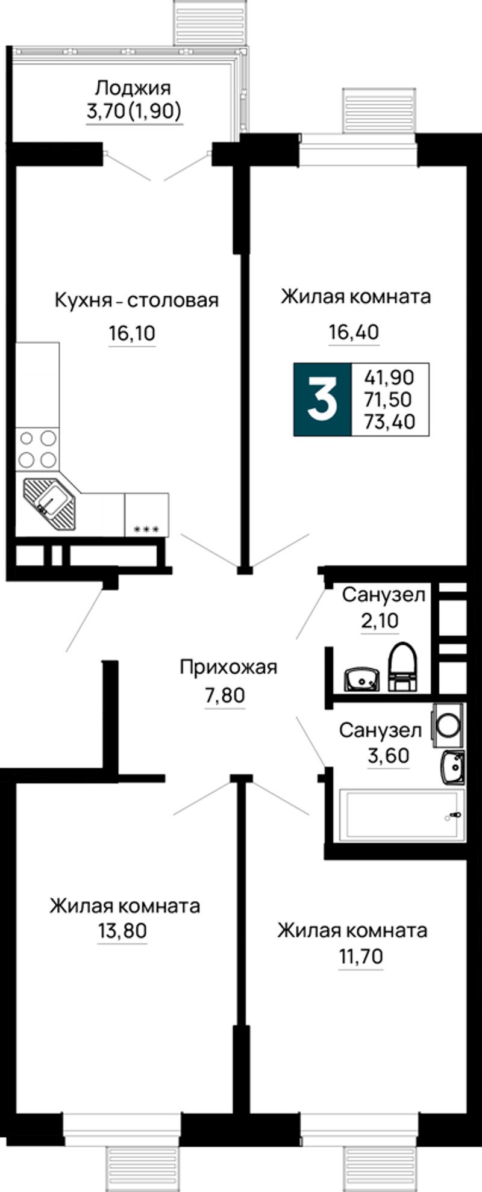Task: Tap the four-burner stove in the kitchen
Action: pyautogui.click(x=37, y=449)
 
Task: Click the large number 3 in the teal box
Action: pyautogui.click(x=322, y=399)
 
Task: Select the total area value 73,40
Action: pyautogui.click(x=390, y=421)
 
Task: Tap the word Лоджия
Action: pyautogui.click(x=134, y=88)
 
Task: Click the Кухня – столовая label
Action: pyautogui.click(x=136, y=300)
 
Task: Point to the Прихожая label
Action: pyautogui.click(x=228, y=668)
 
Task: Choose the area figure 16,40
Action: pyautogui.click(x=354, y=332)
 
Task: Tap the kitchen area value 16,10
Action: pyautogui.click(x=133, y=332)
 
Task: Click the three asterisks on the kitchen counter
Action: pyautogui.click(x=146, y=530)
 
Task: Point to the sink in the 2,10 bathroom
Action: pyautogui.click(x=361, y=680)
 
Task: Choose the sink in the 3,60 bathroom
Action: pyautogui.click(x=452, y=767)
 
